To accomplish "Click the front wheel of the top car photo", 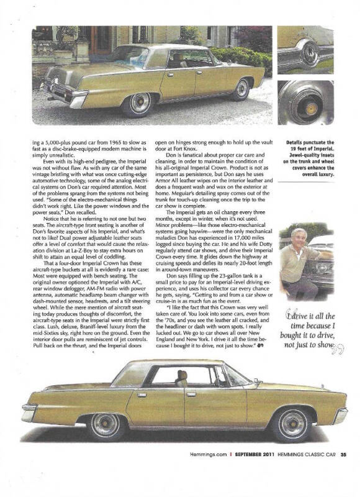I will pos(241,89).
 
